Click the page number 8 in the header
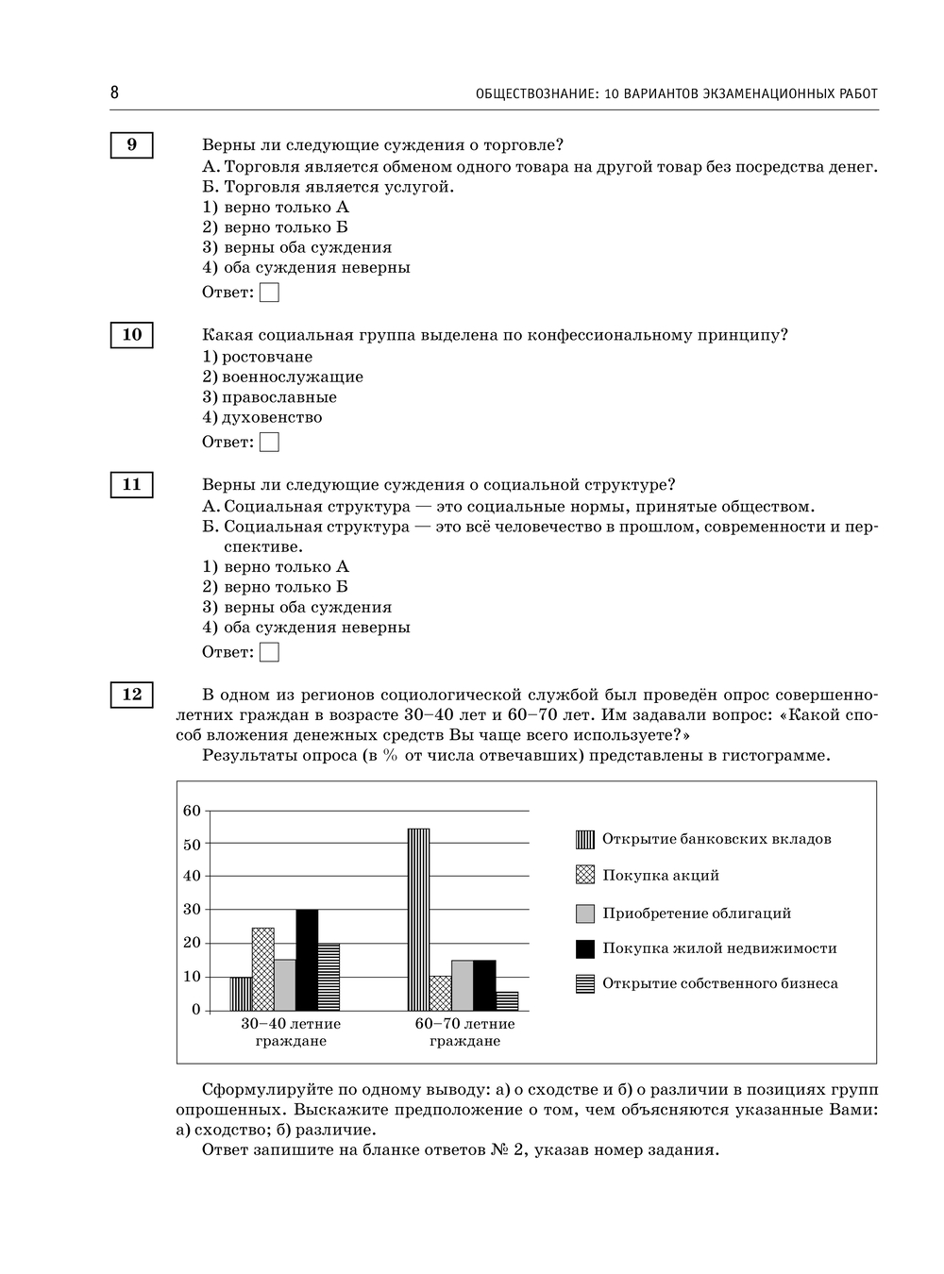(x=114, y=92)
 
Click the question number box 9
(x=131, y=145)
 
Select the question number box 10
(x=131, y=335)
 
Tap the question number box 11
(x=131, y=485)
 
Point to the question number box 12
(x=131, y=695)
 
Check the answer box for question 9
(x=269, y=293)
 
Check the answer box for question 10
(x=269, y=442)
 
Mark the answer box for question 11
(x=269, y=652)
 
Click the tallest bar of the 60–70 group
(x=418, y=919)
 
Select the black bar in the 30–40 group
(x=307, y=960)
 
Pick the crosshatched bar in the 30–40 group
(x=262, y=969)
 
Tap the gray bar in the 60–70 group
(x=463, y=985)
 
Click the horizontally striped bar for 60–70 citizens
(x=507, y=1000)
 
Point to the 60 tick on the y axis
(x=192, y=811)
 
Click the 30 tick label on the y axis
(x=192, y=910)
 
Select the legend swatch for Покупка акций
(x=585, y=876)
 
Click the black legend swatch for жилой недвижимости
(x=585, y=948)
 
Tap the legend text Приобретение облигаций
(x=697, y=914)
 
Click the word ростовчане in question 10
(x=267, y=357)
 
